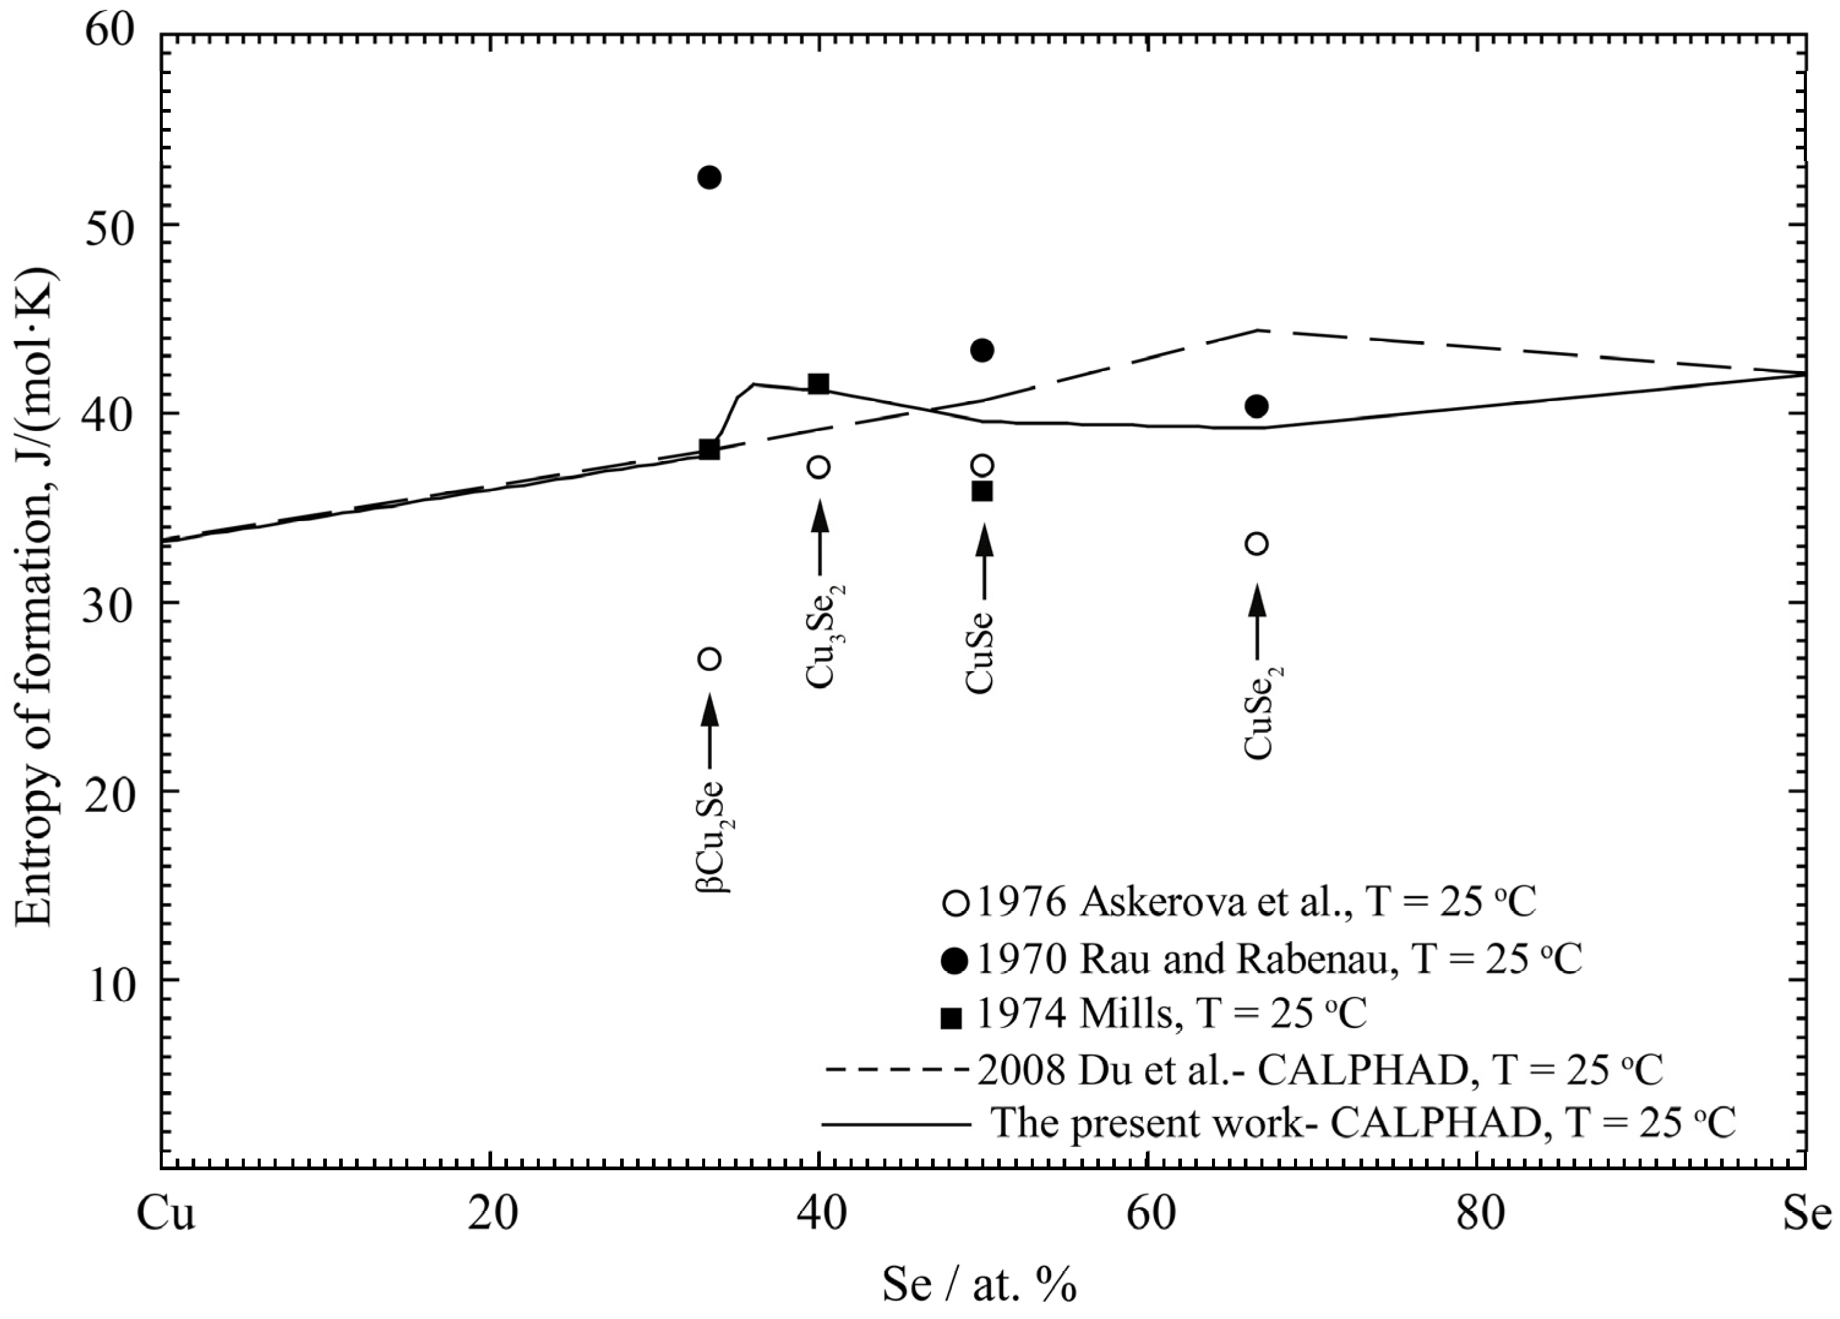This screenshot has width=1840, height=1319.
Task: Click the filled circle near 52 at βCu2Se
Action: [709, 177]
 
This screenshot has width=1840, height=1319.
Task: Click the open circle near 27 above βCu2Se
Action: [709, 658]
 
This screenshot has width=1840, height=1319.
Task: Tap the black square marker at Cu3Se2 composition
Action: [818, 383]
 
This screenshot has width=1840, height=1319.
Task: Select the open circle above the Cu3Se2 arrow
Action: [818, 467]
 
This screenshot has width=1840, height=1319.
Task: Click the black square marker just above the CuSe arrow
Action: [982, 491]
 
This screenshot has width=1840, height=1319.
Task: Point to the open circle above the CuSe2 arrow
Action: [1257, 544]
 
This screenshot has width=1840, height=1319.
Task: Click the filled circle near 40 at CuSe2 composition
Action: [1257, 406]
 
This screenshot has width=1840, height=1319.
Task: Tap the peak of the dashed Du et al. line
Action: [1257, 329]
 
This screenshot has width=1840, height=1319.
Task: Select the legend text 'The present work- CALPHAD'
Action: [1363, 1124]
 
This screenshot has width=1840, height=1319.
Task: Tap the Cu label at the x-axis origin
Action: [165, 1215]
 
